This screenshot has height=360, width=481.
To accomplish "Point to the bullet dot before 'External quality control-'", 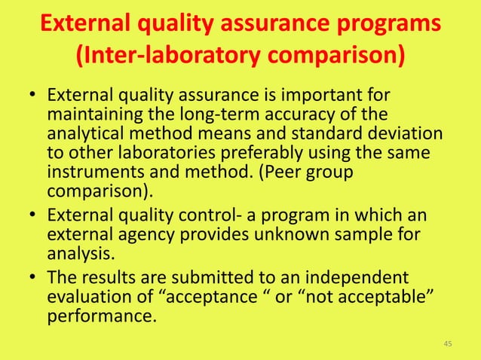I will click(x=32, y=217).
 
